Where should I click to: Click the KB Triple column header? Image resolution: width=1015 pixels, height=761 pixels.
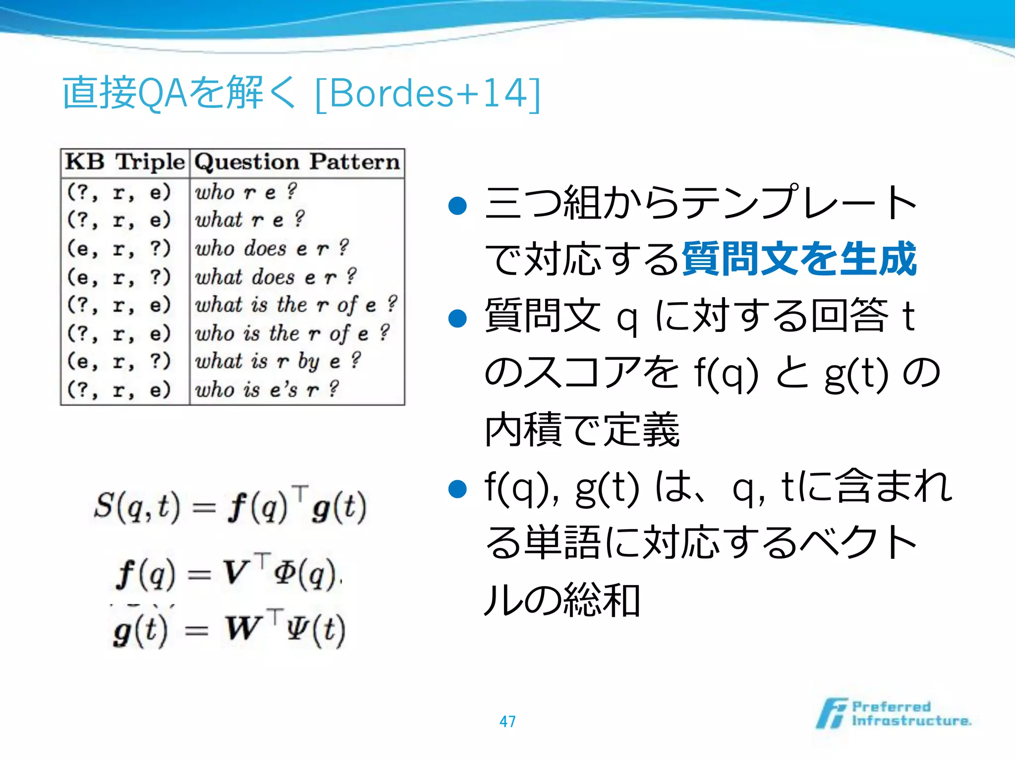pos(125,163)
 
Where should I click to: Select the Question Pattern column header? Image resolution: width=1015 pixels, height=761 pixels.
pos(297,163)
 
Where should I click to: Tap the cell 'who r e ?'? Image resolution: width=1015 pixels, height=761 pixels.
pos(246,192)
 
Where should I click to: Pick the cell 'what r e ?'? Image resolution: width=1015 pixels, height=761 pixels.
pos(249,220)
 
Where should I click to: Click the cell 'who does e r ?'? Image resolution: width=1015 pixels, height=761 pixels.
pos(272,248)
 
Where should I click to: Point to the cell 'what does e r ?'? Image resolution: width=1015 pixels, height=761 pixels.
pos(276,276)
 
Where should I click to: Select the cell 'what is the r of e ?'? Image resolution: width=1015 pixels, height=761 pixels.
pos(296,305)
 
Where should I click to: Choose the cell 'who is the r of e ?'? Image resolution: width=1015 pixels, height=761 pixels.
pos(292,333)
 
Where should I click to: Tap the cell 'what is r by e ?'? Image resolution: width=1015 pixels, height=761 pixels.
pos(278,361)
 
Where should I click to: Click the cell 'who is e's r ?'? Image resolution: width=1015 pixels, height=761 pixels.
pos(267,389)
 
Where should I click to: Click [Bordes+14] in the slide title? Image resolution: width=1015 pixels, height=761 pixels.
pos(427,93)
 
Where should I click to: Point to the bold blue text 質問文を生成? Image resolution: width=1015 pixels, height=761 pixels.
pos(799,259)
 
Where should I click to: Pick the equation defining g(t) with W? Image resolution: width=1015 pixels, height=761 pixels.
pos(229,630)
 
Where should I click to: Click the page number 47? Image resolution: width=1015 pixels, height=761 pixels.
pos(507,721)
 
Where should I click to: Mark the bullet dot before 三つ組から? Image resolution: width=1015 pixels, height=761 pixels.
pos(457,205)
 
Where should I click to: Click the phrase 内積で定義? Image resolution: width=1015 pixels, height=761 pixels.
pos(582,429)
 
